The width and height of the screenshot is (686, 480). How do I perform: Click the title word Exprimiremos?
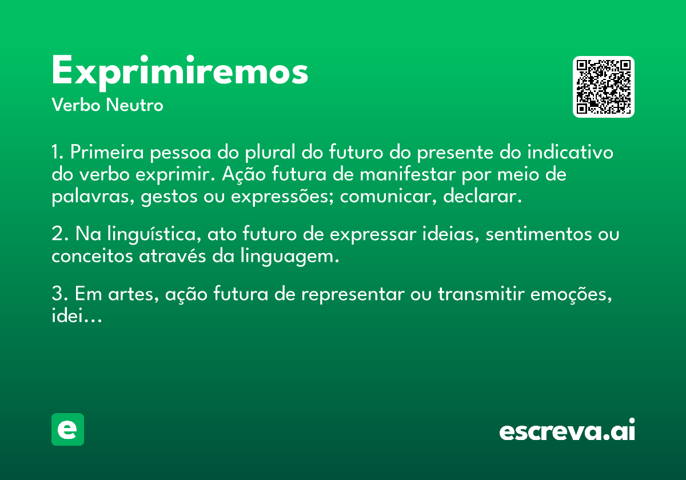[x=180, y=73]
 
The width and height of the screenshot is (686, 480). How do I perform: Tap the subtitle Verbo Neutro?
[x=107, y=105]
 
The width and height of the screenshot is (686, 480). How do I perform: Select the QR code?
[x=603, y=87]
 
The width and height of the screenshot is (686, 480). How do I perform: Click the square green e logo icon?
[x=67, y=429]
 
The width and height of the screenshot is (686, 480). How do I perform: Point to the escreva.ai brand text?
[x=567, y=430]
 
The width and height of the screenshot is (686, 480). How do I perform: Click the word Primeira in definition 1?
[x=107, y=152]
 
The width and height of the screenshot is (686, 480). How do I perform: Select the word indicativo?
[x=570, y=152]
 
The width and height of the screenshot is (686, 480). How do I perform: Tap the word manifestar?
[x=407, y=174]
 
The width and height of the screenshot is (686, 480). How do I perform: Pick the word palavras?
[x=93, y=197]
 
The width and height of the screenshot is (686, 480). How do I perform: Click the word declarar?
[x=482, y=196]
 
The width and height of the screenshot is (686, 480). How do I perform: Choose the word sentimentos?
[x=539, y=234]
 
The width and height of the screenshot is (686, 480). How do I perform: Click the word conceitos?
[x=92, y=256]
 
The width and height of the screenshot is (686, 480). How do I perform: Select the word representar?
[x=353, y=294]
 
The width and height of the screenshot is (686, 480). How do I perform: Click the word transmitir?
[x=481, y=294]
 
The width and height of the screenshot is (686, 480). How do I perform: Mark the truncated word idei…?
[x=77, y=315]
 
